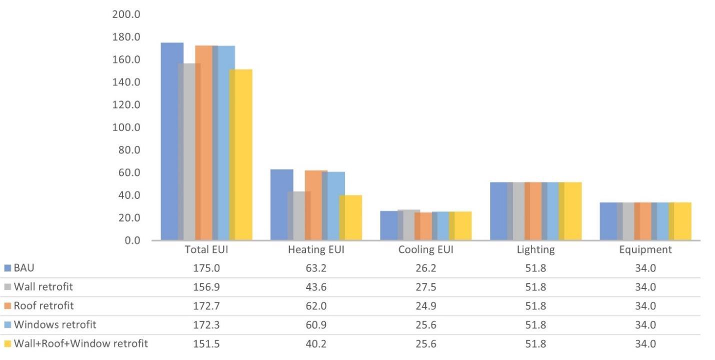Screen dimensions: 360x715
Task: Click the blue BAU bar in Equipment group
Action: [x=608, y=221]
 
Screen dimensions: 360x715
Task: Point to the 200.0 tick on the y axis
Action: [x=125, y=14]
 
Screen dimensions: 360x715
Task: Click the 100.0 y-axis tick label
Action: [x=125, y=127]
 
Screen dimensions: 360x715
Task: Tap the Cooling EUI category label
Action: [x=425, y=250]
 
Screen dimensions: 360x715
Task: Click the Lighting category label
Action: [x=535, y=250]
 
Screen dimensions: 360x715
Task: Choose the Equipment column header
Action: [x=645, y=250]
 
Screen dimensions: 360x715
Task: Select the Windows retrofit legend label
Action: [x=54, y=324]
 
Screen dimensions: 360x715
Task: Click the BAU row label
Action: [x=24, y=268]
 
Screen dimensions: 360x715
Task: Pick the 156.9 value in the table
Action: [x=206, y=287]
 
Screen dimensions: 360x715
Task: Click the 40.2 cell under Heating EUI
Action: [x=316, y=344]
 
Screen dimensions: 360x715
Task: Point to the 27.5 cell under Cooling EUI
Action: [x=425, y=287]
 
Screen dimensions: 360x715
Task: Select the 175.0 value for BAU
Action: [x=206, y=268]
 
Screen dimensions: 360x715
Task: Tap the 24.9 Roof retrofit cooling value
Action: [x=425, y=306]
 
